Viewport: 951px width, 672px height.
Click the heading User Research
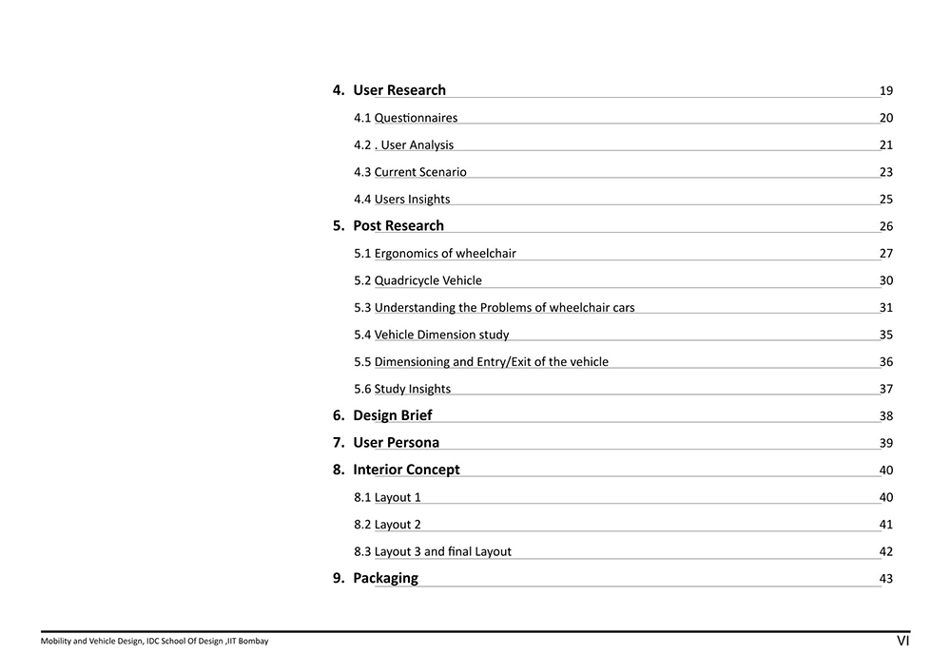coord(398,90)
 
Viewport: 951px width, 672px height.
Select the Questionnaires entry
coord(405,118)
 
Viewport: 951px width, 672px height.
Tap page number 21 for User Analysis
coord(886,145)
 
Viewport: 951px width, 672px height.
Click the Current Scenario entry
coord(410,172)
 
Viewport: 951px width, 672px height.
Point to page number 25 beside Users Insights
coord(886,200)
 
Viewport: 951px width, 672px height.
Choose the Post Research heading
coord(398,226)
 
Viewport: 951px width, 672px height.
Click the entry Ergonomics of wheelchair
coord(435,254)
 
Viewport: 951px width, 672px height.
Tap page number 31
coord(886,308)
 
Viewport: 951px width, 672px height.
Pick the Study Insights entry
coord(402,389)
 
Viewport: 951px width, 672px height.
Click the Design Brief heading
coord(392,415)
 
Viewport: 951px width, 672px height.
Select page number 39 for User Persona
coord(886,443)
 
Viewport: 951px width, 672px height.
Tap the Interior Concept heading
coord(406,470)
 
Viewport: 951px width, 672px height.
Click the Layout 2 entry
coord(387,525)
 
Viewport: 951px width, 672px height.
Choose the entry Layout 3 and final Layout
coord(432,551)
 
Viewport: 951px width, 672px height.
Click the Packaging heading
coord(385,578)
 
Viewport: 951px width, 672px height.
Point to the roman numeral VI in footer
coord(903,642)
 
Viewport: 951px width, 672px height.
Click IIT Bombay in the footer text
coord(249,642)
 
